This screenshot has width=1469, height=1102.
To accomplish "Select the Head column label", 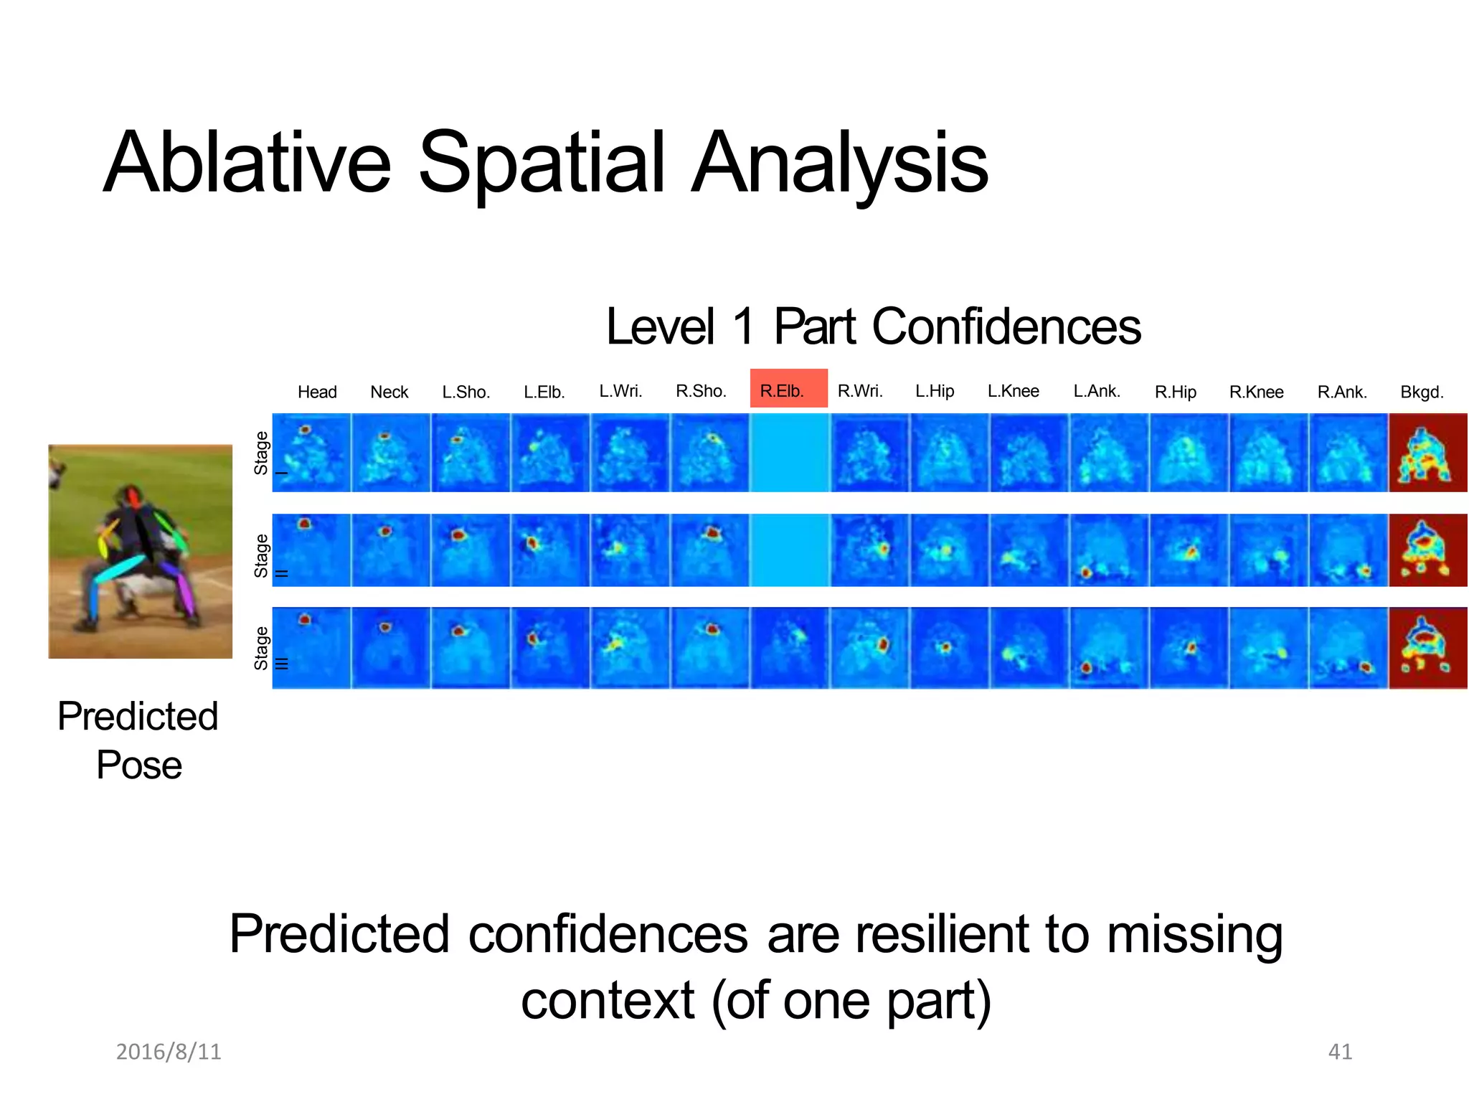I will pos(317,392).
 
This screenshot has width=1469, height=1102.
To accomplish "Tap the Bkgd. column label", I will pos(1422,392).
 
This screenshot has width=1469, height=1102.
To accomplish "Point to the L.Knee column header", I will pos(1013,391).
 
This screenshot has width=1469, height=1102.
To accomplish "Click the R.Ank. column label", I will pos(1342,392).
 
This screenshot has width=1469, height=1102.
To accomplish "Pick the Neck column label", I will pos(389,392).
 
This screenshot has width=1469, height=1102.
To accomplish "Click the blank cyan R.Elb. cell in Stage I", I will pos(789,452).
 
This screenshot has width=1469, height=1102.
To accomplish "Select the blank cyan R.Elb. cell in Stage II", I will pos(789,550).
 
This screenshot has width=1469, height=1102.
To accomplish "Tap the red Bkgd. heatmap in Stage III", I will pos(1427,647).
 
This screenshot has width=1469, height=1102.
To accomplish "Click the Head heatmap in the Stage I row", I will pos(311,452).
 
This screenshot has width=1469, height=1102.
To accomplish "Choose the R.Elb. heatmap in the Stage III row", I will pos(789,647).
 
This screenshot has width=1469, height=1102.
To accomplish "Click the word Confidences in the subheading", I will pos(1006,327).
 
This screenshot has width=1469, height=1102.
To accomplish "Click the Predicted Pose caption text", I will pos(138,740).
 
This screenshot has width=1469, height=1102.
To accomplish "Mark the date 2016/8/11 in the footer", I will pos(169,1051).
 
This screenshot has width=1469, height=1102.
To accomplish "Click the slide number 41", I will pos(1340,1051).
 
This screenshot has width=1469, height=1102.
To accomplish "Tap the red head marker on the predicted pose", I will pos(132,496).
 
